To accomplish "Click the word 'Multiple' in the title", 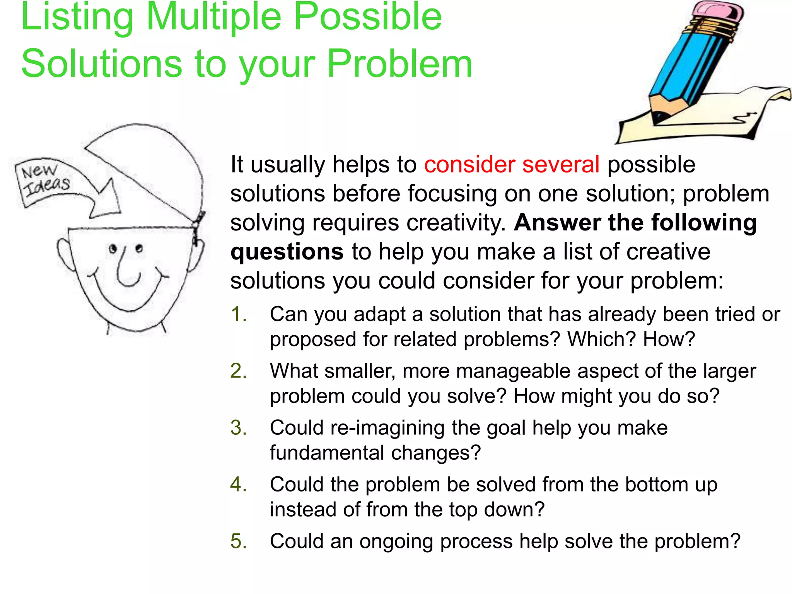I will click(x=213, y=17).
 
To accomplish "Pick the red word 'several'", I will click(x=561, y=164).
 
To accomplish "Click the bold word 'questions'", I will click(x=287, y=252).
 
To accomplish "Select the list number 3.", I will click(x=238, y=428).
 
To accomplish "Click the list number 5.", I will click(x=238, y=541).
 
